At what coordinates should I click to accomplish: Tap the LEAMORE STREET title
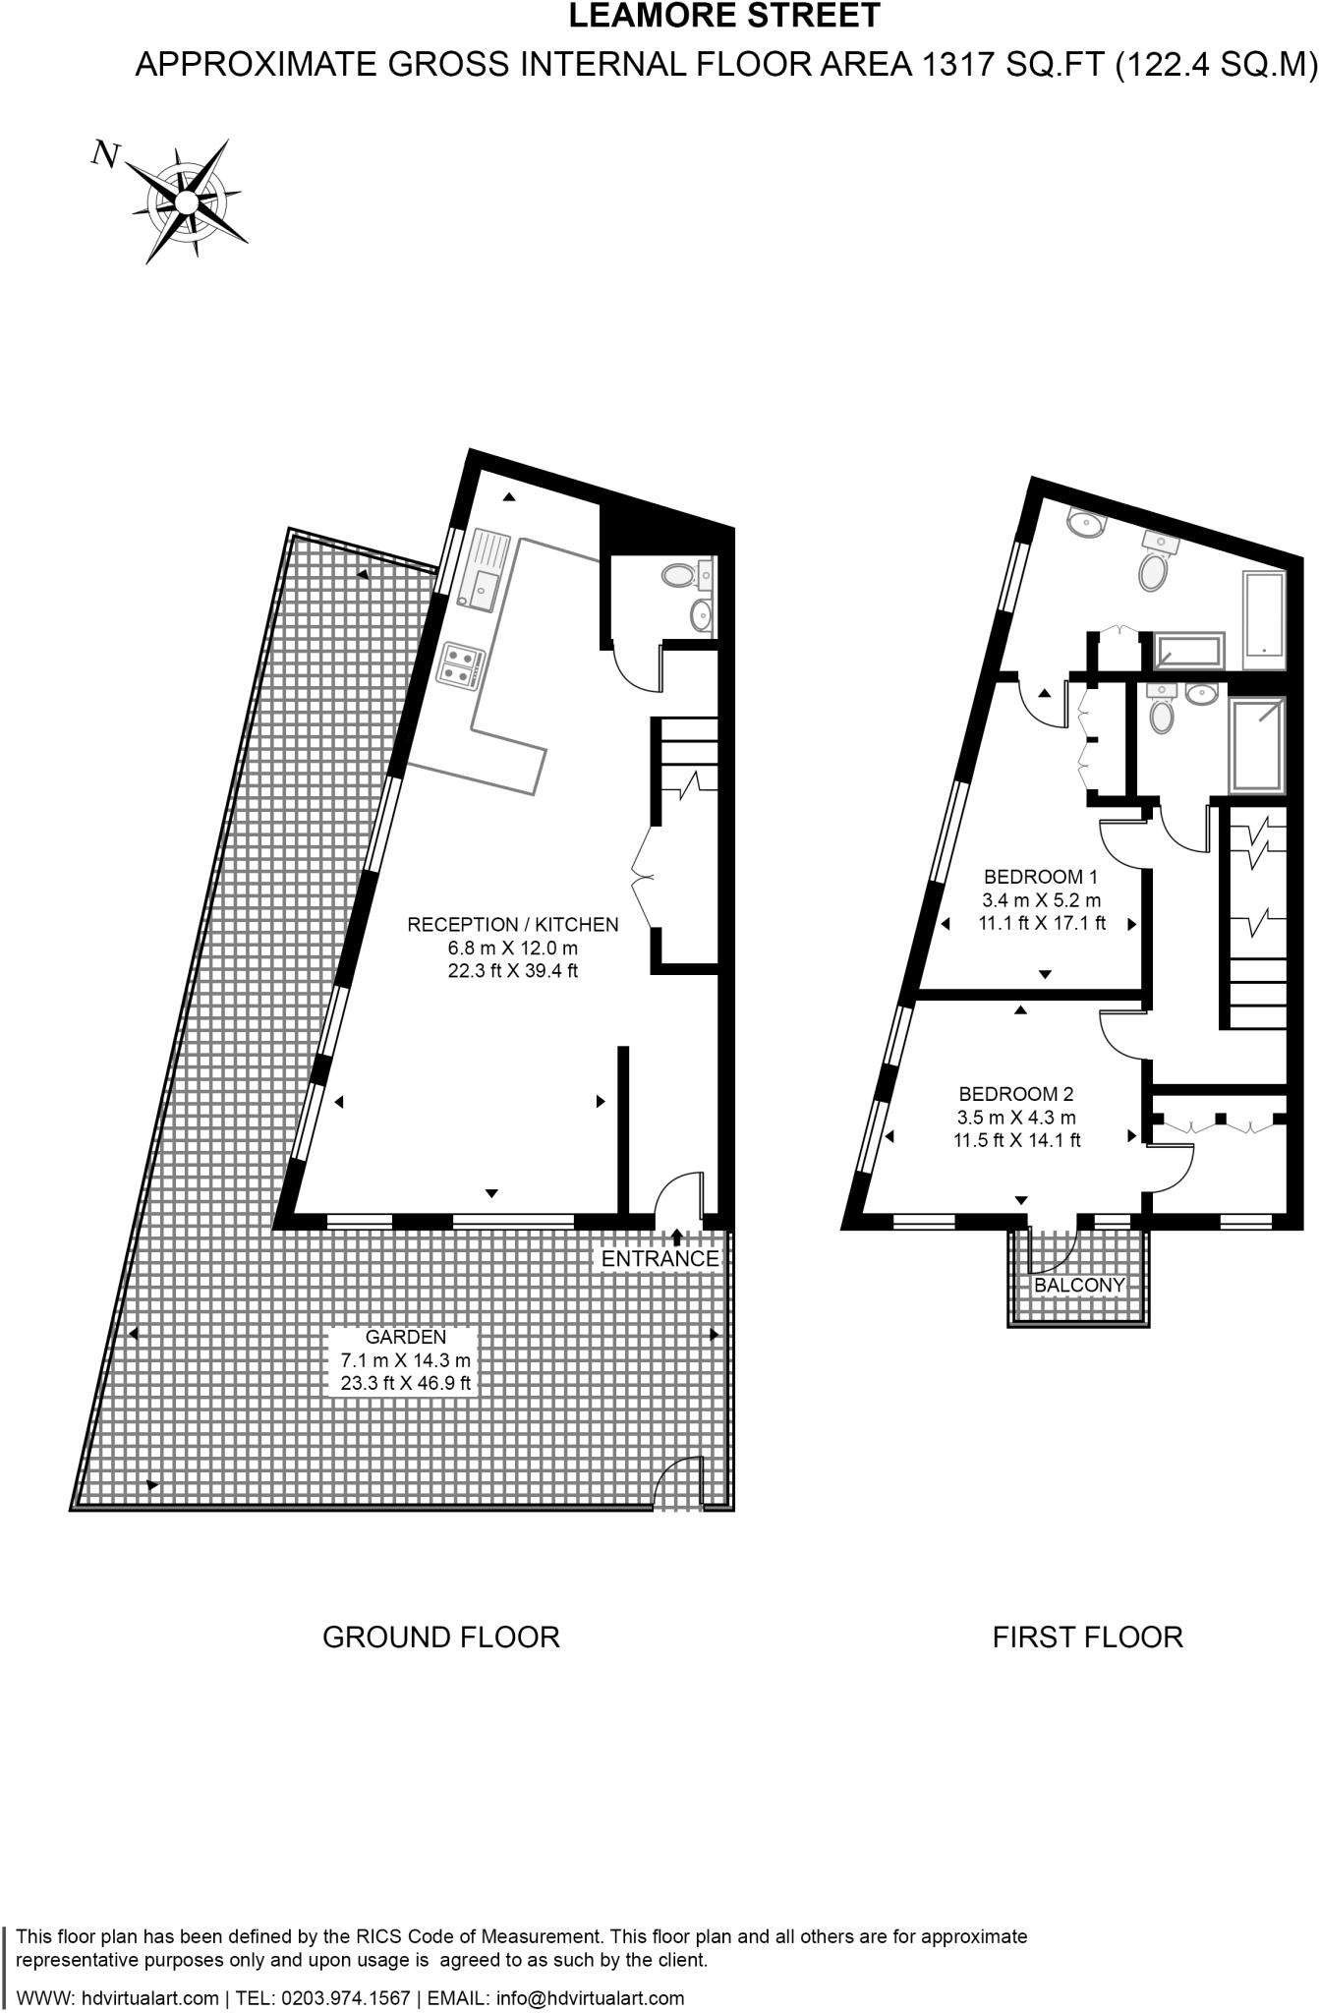(724, 17)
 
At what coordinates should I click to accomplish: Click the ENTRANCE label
(659, 1259)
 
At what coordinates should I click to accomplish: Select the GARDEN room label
(405, 1337)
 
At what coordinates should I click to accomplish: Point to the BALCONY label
(1078, 1286)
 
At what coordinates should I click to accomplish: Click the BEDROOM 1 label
(1040, 877)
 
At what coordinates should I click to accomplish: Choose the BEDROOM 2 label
(1015, 1094)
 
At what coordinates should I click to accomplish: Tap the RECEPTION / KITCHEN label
(513, 925)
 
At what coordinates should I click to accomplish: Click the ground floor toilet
(677, 574)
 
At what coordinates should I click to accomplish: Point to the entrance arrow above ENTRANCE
(676, 1236)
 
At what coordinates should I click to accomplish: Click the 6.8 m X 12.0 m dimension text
(512, 949)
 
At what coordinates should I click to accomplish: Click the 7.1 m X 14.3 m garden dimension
(405, 1361)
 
